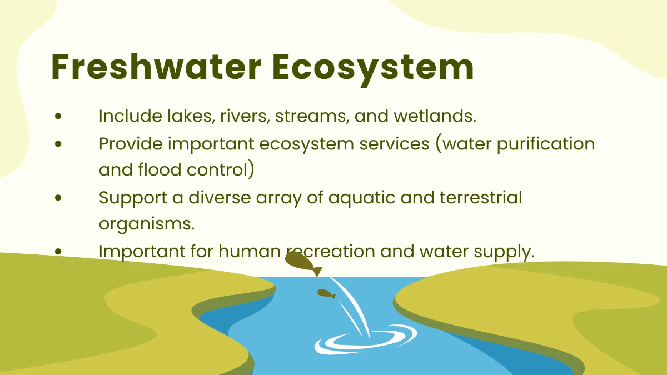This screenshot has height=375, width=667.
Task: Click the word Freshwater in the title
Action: click(x=156, y=67)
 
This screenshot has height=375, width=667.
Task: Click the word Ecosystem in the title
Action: click(x=373, y=70)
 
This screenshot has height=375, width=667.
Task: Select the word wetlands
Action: click(x=435, y=116)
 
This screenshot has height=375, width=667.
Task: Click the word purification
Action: click(x=546, y=144)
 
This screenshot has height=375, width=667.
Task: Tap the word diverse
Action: click(x=220, y=197)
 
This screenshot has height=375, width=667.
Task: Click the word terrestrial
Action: click(x=481, y=197)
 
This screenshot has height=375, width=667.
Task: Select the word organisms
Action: click(x=147, y=224)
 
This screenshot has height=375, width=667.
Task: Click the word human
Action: click(x=250, y=251)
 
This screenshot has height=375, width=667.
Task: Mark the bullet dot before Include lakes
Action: click(x=58, y=116)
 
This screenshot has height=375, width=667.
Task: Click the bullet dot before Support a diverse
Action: click(x=58, y=198)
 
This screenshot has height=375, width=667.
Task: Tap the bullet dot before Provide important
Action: click(x=58, y=144)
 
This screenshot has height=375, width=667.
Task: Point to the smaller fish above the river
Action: click(x=326, y=294)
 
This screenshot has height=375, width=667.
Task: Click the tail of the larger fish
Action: click(x=317, y=272)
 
